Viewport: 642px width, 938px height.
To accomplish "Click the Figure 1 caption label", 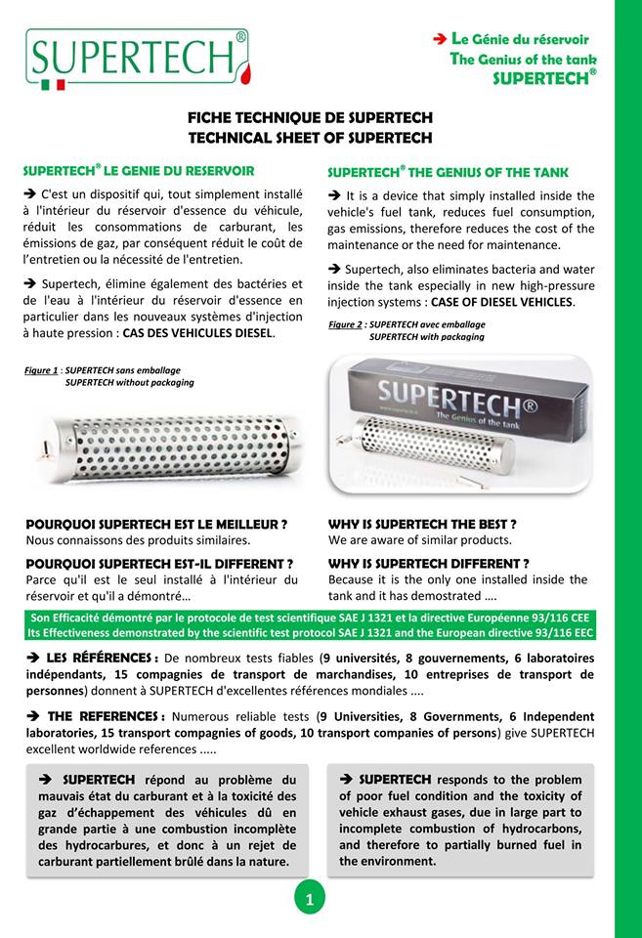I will tap(42, 371).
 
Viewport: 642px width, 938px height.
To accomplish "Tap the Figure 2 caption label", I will tap(346, 324).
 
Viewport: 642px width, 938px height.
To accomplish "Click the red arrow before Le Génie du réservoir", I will tap(440, 39).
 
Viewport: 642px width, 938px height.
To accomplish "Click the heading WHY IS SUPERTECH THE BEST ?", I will tap(422, 524).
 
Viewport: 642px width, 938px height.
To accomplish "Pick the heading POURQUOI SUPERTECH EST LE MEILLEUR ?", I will tap(156, 524).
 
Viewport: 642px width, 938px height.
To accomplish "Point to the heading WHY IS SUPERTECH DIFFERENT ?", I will tap(429, 563).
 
